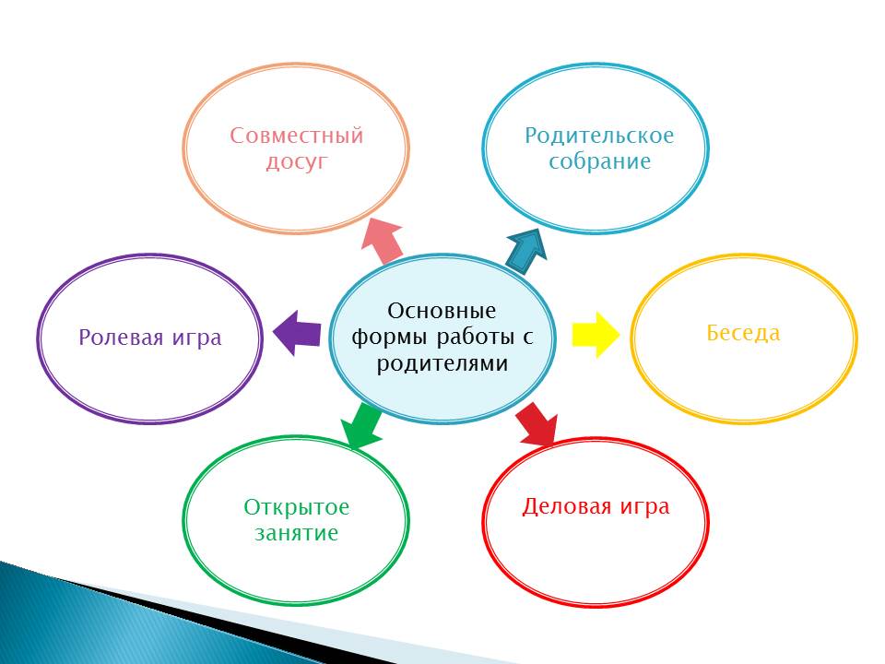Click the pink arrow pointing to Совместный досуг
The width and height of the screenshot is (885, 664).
click(x=383, y=241)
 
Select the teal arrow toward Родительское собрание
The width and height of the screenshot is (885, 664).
click(x=526, y=251)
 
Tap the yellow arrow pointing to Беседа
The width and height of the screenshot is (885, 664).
click(x=596, y=334)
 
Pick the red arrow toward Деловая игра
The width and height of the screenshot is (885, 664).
click(x=537, y=423)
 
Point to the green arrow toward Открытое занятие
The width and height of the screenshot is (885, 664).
click(x=361, y=426)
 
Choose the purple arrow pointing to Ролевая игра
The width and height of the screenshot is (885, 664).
click(x=296, y=333)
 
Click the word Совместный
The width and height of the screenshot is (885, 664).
click(x=296, y=136)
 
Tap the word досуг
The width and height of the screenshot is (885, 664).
click(x=296, y=162)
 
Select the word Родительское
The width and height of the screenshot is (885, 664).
click(x=599, y=136)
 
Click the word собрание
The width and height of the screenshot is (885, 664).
click(x=599, y=161)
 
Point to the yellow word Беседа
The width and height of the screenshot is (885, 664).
click(x=743, y=333)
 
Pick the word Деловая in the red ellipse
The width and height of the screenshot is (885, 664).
click(x=567, y=506)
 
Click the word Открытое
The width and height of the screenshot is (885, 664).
click(x=296, y=507)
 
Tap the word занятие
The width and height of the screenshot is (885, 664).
click(x=296, y=533)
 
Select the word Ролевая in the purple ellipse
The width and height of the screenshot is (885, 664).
click(x=121, y=338)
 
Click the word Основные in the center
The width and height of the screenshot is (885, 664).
click(x=442, y=311)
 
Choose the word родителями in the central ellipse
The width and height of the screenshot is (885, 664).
click(x=442, y=363)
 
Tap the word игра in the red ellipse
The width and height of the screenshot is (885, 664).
click(x=644, y=507)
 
